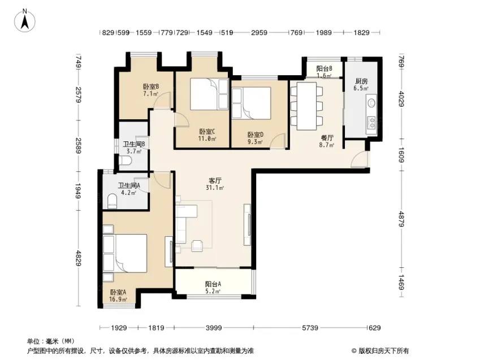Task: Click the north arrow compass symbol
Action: pos(25,20)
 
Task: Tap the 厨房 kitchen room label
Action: pos(361,81)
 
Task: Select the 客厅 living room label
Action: pos(215,181)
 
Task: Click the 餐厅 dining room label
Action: pos(327,138)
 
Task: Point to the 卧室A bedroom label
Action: pos(118,292)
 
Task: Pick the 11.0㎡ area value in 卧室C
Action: pos(207,138)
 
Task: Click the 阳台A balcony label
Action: pos(213,284)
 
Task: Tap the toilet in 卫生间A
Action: pos(113,201)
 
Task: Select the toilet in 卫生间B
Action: pos(125,160)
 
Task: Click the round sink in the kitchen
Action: pos(371,102)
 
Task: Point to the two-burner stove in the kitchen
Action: pos(371,123)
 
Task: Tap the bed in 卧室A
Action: pos(125,253)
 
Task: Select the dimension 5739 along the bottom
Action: pos(310,328)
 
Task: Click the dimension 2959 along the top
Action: pos(259,32)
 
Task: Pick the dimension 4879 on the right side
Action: pos(401,219)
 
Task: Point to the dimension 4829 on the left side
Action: pos(79,258)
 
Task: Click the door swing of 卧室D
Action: pos(278,141)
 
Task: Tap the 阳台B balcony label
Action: pos(324,68)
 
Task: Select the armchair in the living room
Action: pos(197,246)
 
